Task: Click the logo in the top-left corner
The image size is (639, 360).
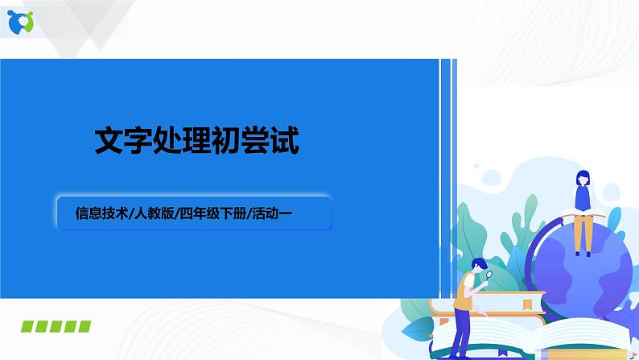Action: pyautogui.click(x=21, y=23)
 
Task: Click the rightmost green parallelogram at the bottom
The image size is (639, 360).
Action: pyautogui.click(x=82, y=325)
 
